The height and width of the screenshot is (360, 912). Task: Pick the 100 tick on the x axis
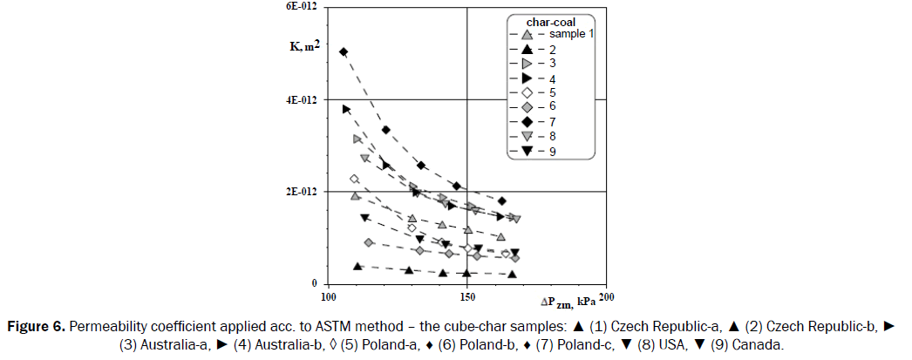click(330, 297)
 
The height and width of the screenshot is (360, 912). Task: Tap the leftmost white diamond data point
click(354, 179)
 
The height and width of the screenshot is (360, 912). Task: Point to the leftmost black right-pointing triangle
click(346, 110)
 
